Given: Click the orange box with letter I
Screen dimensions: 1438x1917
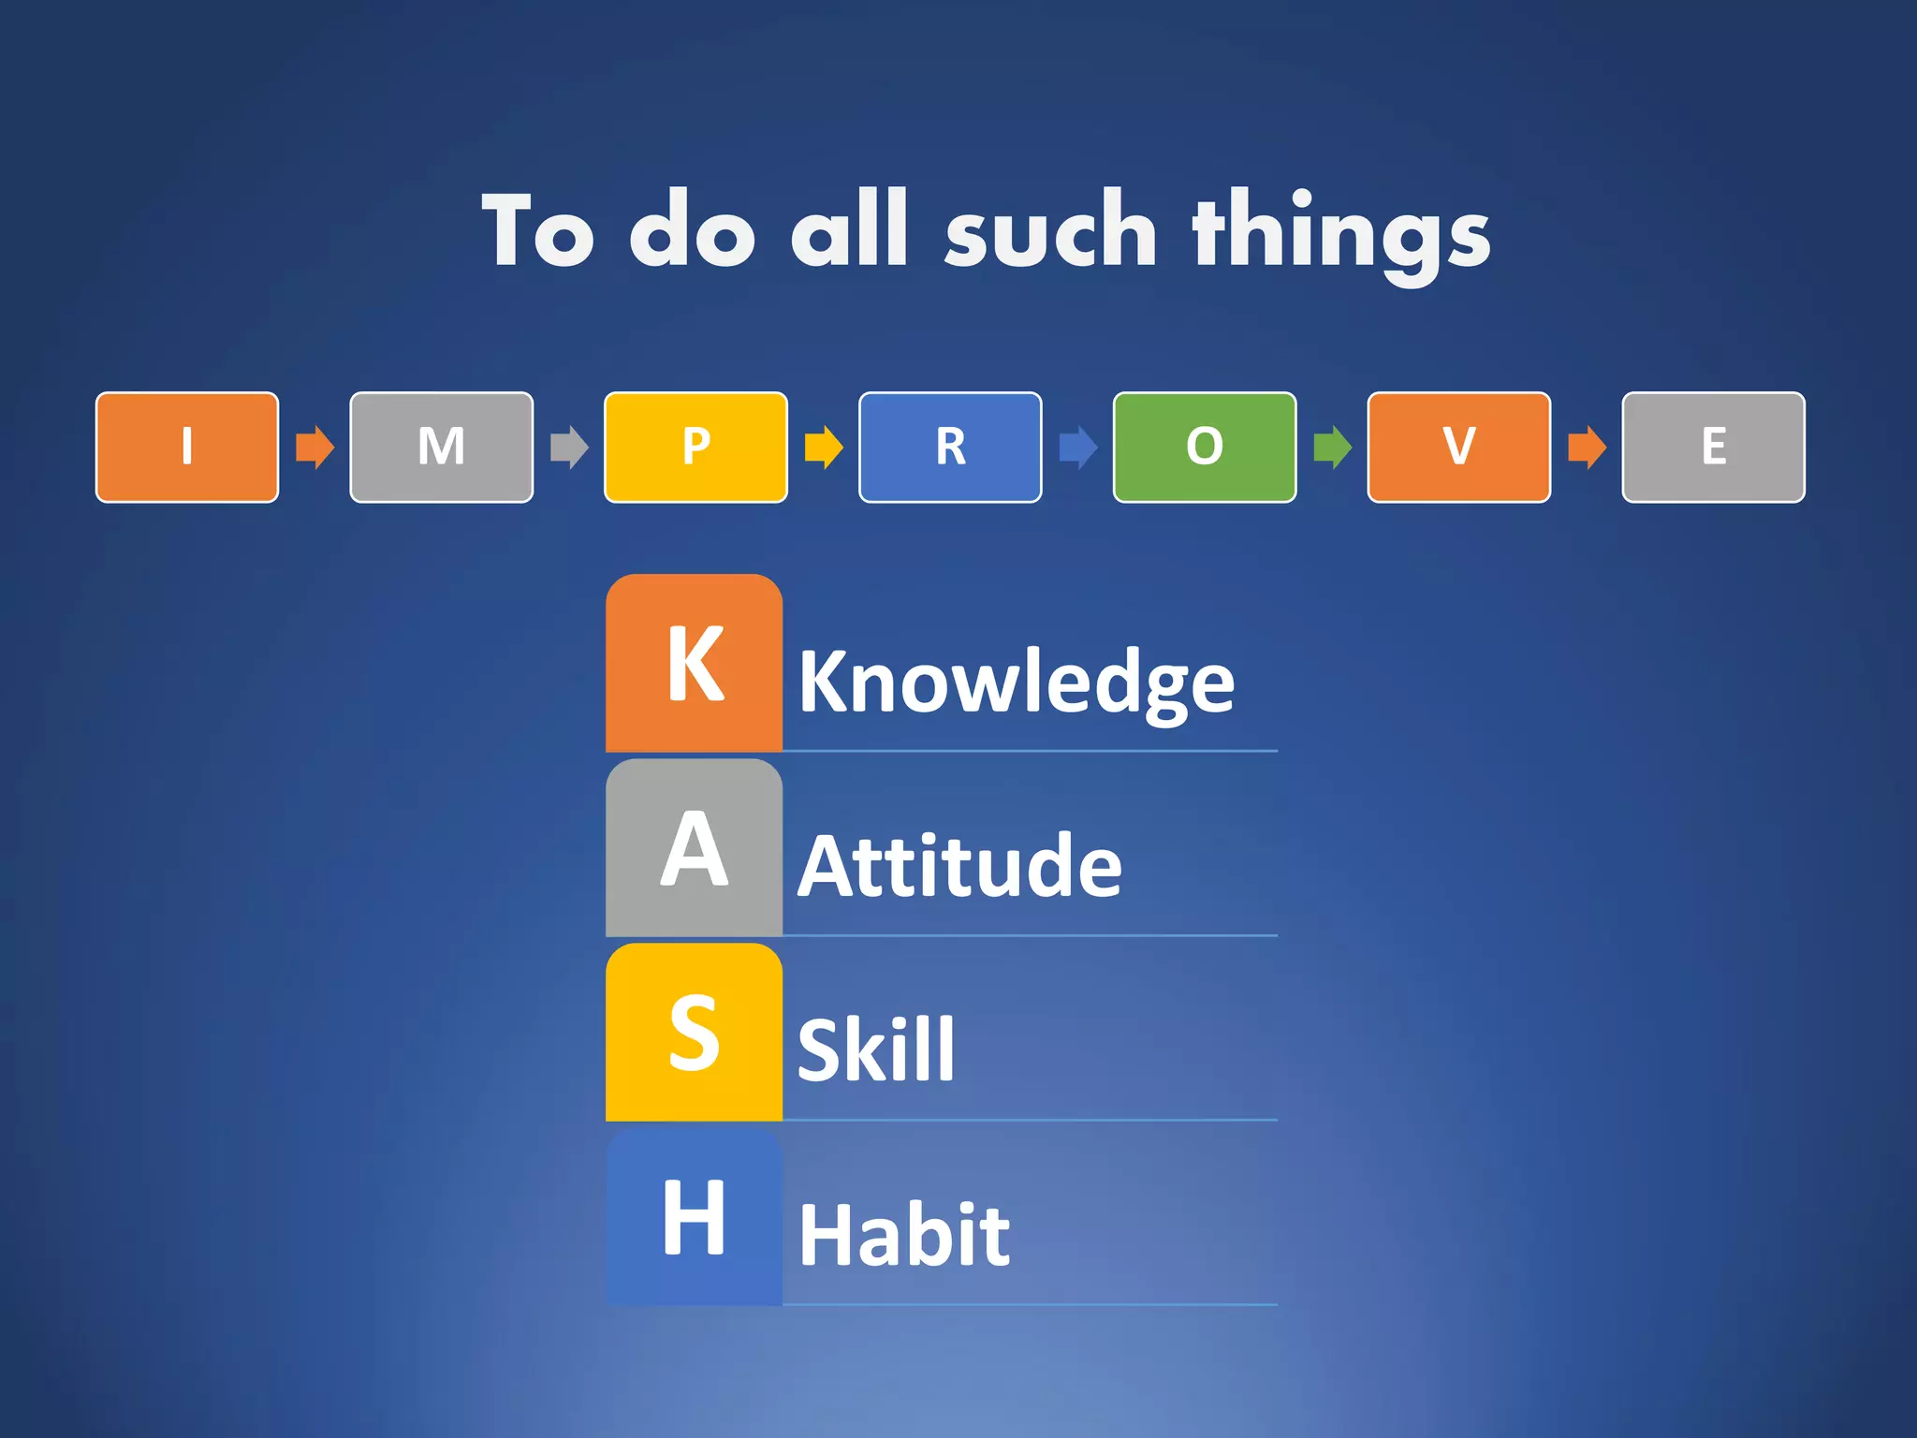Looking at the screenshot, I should pyautogui.click(x=187, y=448).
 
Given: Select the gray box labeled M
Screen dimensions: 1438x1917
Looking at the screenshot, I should pyautogui.click(x=442, y=448).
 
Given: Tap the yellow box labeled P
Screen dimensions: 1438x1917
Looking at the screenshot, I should pyautogui.click(x=695, y=448).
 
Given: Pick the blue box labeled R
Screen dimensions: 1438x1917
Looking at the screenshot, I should pyautogui.click(x=950, y=448).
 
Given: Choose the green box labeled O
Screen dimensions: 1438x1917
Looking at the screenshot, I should pyautogui.click(x=1205, y=448).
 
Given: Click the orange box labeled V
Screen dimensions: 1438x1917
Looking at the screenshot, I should pyautogui.click(x=1459, y=448).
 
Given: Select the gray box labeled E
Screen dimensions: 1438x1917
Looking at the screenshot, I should pyautogui.click(x=1713, y=448).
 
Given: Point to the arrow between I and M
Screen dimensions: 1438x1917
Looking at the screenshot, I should pyautogui.click(x=315, y=448).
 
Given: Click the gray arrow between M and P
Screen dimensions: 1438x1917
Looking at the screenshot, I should pyautogui.click(x=569, y=448).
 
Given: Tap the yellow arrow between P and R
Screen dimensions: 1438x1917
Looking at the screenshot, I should pyautogui.click(x=824, y=448).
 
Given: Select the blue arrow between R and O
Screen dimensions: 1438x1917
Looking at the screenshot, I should pyautogui.click(x=1078, y=448).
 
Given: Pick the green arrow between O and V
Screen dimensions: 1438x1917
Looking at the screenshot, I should pyautogui.click(x=1332, y=448).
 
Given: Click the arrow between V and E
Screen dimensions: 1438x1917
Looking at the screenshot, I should pyautogui.click(x=1587, y=448).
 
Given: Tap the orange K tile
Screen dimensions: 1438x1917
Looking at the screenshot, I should pyautogui.click(x=694, y=663).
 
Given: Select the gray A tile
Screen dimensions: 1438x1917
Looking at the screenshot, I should pyautogui.click(x=694, y=847).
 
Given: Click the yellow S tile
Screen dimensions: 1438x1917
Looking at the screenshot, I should pyautogui.click(x=694, y=1032).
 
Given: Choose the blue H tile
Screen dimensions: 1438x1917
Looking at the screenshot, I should pyautogui.click(x=694, y=1216).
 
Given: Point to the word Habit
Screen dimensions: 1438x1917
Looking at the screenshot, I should pyautogui.click(x=904, y=1236).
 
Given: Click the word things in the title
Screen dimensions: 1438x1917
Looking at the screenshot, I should pyautogui.click(x=1340, y=232).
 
